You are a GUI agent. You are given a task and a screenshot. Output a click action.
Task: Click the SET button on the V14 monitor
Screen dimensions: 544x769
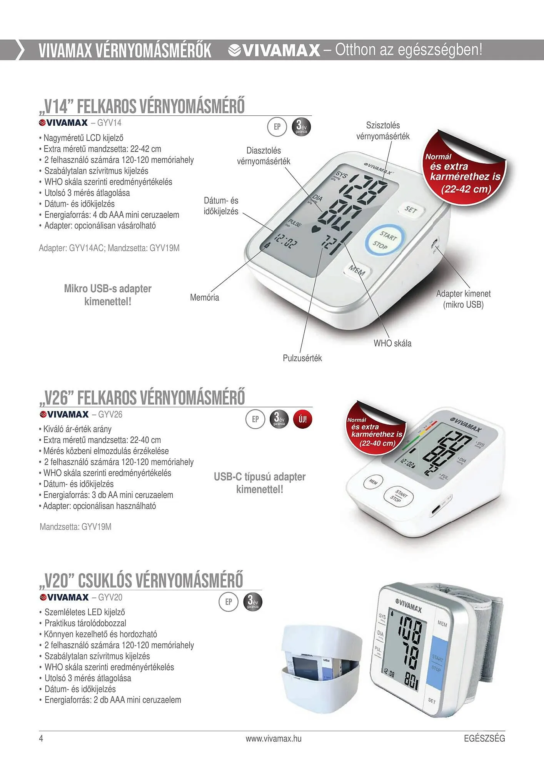[411, 210]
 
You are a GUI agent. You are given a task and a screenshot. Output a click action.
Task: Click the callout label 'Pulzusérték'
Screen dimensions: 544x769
[302, 358]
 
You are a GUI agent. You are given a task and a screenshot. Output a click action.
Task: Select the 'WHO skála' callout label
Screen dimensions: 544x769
[392, 343]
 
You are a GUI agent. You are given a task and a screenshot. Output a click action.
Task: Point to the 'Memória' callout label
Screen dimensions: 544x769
[205, 298]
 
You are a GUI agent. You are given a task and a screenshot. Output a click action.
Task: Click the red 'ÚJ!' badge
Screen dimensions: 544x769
[303, 419]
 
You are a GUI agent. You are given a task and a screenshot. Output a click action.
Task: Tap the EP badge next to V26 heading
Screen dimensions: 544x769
[255, 419]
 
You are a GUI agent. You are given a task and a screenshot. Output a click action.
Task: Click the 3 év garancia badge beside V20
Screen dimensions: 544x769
[252, 602]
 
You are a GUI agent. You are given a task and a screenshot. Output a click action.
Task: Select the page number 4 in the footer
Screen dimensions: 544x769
[41, 739]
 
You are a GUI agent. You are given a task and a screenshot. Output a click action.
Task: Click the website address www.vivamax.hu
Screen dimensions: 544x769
[274, 739]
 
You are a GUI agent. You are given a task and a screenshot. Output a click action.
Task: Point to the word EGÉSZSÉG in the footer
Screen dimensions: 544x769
[484, 739]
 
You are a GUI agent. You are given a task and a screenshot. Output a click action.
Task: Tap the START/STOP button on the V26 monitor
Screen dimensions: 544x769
[398, 496]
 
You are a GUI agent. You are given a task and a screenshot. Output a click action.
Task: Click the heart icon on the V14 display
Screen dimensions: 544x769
[315, 230]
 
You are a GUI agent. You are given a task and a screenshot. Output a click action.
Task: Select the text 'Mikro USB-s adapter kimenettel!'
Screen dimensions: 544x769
[108, 295]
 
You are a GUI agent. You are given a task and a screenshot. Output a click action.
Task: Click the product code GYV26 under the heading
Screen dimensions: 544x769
[110, 414]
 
